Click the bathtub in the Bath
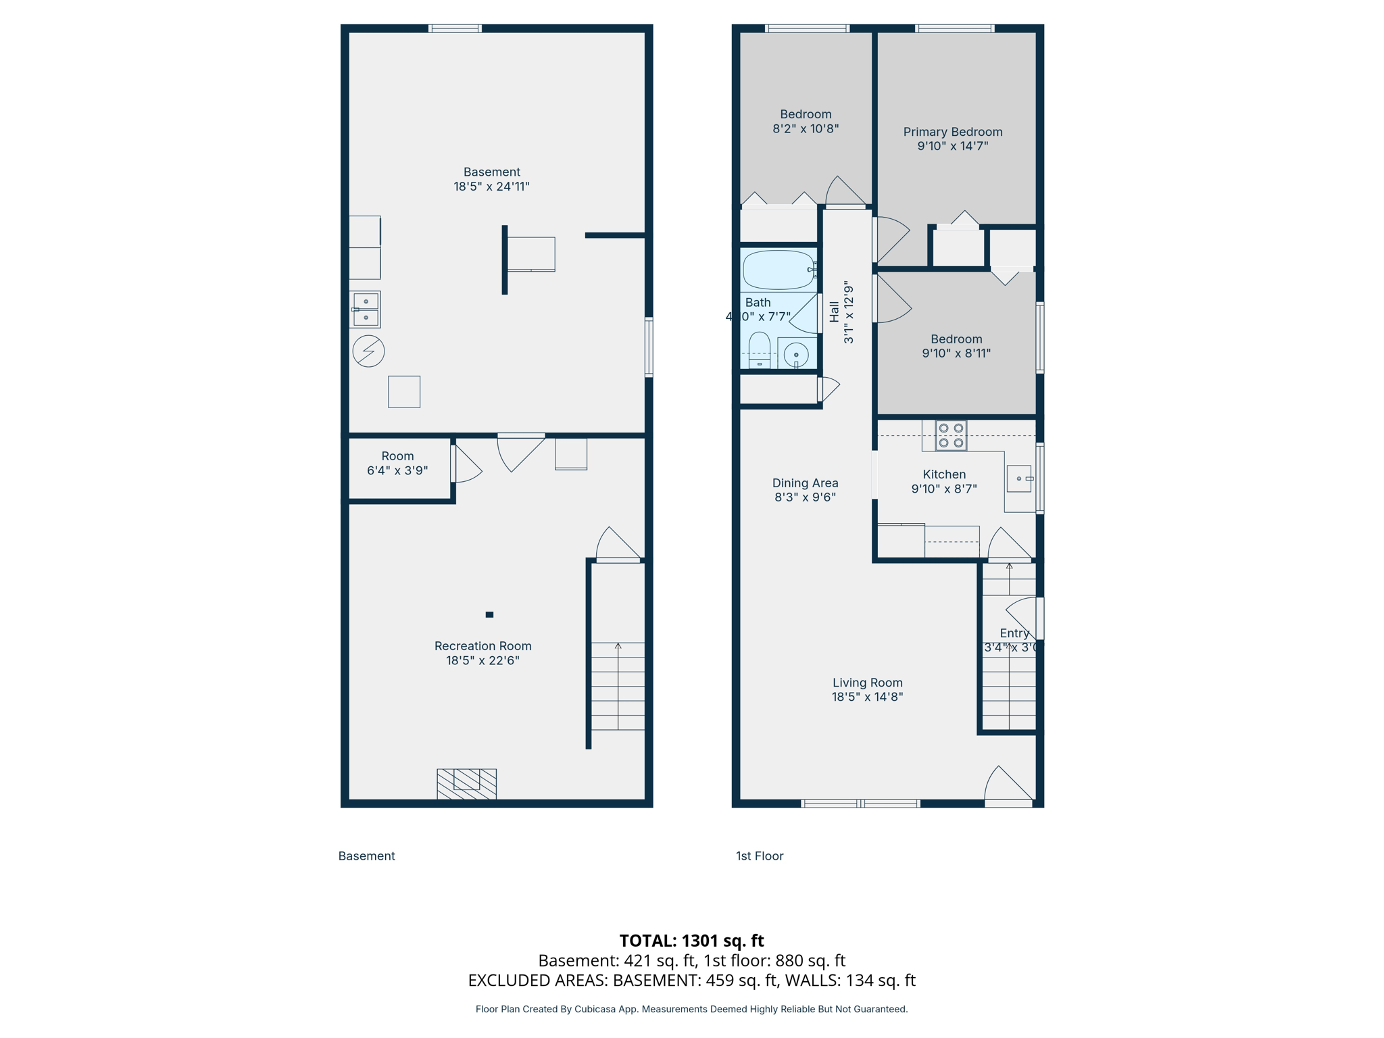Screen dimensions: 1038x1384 pos(778,270)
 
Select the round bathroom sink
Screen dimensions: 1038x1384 pos(796,354)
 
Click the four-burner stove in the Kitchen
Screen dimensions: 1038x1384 pos(951,435)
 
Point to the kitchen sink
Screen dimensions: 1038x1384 pos(1019,478)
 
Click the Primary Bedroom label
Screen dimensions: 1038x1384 pos(953,132)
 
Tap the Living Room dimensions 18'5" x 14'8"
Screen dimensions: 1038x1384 pos(867,697)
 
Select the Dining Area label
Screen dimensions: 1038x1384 pos(805,483)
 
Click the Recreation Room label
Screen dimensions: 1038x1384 pos(483,646)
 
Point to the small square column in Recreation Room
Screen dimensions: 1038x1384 pos(489,614)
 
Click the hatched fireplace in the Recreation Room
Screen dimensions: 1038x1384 pos(466,784)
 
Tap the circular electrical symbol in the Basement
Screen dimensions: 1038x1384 pos(368,351)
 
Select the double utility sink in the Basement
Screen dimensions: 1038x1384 pos(366,310)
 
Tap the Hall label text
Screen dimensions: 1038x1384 pos(835,312)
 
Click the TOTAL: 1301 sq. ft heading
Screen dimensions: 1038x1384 pos(691,941)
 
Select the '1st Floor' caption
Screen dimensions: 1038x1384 pos(760,856)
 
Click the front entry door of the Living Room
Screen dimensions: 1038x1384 pos(1008,787)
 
